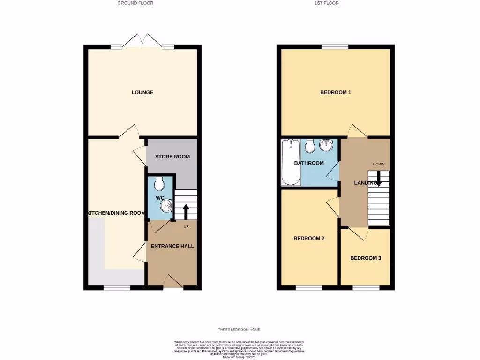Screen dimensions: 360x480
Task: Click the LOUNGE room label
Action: point(142,92)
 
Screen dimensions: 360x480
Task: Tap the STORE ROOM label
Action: point(172,156)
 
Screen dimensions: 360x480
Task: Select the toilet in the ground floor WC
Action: point(159,182)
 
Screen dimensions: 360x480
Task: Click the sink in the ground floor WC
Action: point(168,204)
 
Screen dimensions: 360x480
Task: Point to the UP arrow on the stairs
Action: point(186,211)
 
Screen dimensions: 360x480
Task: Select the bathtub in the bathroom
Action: point(289,162)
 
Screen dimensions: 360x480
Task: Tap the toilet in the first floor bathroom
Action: point(309,146)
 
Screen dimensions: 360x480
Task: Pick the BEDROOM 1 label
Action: point(336,92)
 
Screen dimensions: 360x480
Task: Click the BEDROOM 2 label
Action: point(309,238)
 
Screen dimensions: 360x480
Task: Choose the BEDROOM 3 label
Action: point(366,258)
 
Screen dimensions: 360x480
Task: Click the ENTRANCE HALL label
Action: point(172,246)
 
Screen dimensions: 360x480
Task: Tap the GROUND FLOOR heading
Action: point(135,3)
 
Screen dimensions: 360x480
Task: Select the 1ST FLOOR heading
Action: point(327,3)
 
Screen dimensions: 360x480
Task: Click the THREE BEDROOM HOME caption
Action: point(240,330)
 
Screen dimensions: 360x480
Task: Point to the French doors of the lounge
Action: point(142,41)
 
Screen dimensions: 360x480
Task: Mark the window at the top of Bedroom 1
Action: point(335,46)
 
